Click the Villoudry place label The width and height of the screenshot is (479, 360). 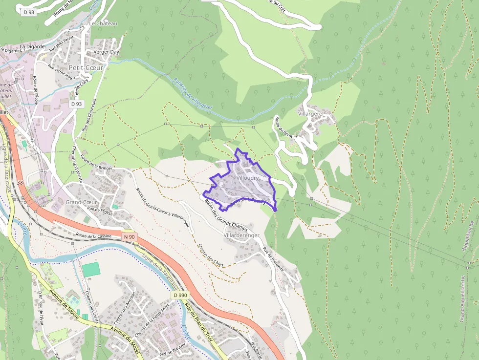[x=247, y=178]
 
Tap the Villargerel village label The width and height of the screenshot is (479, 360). [x=311, y=113]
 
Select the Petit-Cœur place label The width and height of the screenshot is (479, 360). [x=86, y=67]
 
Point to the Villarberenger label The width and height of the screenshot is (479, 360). [x=241, y=235]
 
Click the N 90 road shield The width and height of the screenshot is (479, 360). [x=129, y=237]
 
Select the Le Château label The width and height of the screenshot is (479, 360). [x=104, y=23]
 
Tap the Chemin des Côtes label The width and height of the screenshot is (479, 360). [x=211, y=255]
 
